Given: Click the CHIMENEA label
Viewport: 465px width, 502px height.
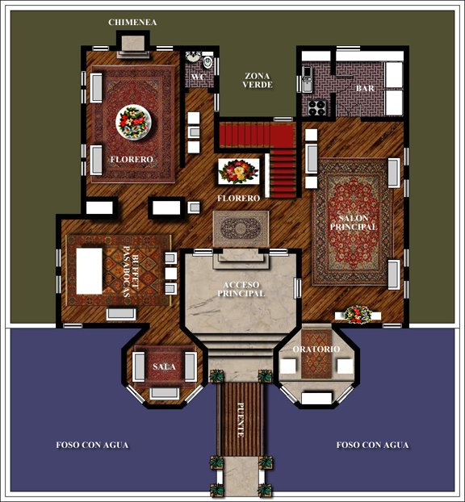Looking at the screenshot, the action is click(132, 23).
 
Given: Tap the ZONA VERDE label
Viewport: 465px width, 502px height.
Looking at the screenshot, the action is click(258, 81).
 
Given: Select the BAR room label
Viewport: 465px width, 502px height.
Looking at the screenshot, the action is click(365, 88).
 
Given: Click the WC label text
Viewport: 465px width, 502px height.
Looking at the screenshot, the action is click(198, 77).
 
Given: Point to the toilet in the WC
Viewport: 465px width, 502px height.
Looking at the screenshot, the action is click(207, 61).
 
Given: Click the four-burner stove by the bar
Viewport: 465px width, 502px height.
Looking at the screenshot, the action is click(316, 107).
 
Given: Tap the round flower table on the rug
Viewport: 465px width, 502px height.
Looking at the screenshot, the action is click(133, 123).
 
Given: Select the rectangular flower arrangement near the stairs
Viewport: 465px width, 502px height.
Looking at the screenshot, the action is click(239, 171).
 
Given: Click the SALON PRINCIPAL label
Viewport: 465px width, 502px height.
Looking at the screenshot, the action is click(354, 223).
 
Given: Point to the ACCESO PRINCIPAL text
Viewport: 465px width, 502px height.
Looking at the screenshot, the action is click(241, 289).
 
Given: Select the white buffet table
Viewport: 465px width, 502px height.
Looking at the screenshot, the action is click(90, 271).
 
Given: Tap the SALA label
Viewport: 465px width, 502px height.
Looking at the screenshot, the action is click(164, 366).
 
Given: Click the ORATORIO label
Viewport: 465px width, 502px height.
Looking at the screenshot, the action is click(316, 349).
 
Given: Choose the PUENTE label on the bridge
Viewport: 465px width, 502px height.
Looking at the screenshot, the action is click(241, 420).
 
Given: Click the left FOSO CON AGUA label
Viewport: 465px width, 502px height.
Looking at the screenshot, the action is click(92, 445).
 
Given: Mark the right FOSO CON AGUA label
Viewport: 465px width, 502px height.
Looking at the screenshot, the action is click(372, 445).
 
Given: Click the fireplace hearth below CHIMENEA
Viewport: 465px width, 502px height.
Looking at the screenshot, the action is click(133, 47).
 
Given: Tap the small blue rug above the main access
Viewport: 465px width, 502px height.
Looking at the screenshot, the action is click(241, 228).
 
